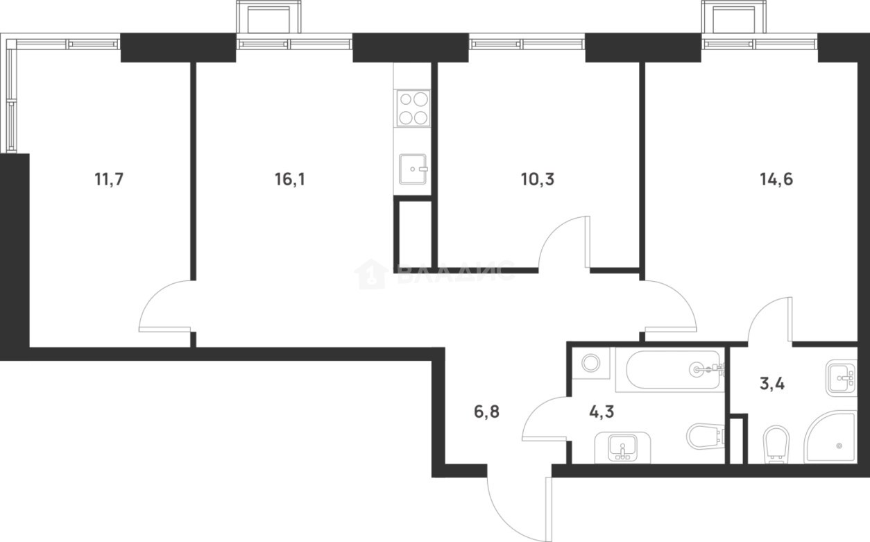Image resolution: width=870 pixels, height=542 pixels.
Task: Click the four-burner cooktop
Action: click(412, 108)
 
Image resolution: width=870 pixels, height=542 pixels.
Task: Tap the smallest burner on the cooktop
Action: click(404, 99)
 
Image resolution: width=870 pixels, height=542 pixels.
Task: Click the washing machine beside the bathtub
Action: click(591, 364)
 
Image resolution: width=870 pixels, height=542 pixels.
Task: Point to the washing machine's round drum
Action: click(591, 363)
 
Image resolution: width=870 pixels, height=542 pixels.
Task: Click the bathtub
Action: click(669, 370)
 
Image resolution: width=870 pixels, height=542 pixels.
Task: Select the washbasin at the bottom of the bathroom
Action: click(623, 446)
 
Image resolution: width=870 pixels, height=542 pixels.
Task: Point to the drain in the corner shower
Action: click(839, 445)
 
